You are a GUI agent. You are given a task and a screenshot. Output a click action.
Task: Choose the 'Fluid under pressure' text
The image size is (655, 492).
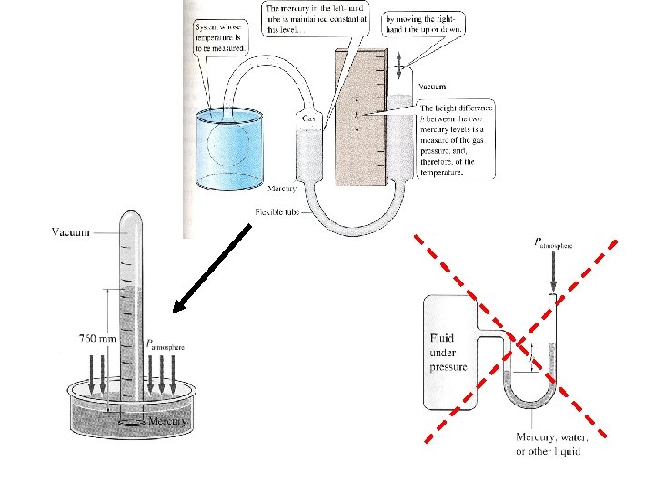[x=448, y=354]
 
